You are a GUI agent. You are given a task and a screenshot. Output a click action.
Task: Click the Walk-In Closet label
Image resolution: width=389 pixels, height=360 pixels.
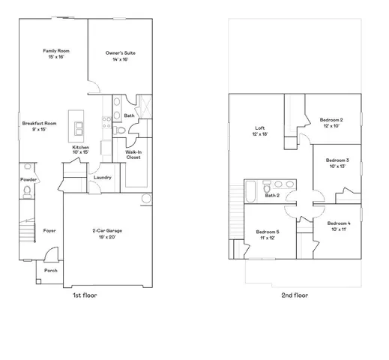(133, 154)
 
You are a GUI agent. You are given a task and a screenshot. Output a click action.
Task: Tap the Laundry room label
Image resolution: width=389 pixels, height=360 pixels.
(103, 177)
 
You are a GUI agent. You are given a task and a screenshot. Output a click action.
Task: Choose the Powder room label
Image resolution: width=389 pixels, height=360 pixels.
(28, 180)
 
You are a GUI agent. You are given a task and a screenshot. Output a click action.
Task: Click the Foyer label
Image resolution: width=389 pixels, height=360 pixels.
(49, 230)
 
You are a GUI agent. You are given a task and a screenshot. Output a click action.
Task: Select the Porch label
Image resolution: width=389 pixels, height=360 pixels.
(51, 271)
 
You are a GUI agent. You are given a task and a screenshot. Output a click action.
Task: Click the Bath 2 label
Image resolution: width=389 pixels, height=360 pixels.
(272, 196)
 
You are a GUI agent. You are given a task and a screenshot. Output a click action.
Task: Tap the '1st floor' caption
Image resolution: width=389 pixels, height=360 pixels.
(84, 295)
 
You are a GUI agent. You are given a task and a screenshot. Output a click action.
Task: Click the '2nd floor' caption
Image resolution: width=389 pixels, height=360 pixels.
(294, 295)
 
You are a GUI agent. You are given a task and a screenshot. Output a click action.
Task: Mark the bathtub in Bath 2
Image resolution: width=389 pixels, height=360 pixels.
(253, 191)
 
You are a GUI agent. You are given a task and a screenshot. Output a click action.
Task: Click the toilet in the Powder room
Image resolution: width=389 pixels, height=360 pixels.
(27, 193)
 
